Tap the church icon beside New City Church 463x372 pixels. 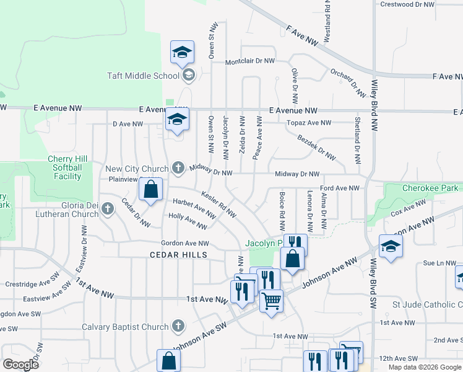pos(178,167)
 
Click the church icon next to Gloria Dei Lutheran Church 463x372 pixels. pos(108,208)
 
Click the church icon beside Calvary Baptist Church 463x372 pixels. pos(178,326)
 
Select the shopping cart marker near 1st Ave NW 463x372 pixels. pos(271,301)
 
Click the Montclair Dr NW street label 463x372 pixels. pos(249,61)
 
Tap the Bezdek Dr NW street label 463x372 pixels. pos(316,148)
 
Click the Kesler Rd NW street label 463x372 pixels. pos(219,204)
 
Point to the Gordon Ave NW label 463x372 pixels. pos(185,244)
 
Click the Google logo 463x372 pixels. pos(20,364)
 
